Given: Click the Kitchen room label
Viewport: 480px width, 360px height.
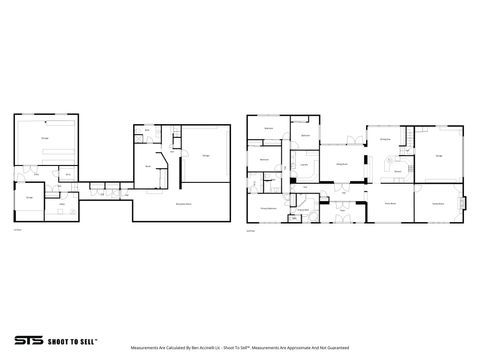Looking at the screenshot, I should (398, 172).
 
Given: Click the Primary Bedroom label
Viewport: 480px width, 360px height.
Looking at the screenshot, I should (268, 207).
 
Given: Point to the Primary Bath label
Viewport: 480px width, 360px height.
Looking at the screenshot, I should (303, 211).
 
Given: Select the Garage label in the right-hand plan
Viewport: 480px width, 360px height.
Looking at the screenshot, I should (439, 154).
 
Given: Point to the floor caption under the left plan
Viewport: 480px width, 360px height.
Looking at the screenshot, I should (18, 230).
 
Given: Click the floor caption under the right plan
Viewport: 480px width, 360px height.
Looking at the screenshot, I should (250, 230).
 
